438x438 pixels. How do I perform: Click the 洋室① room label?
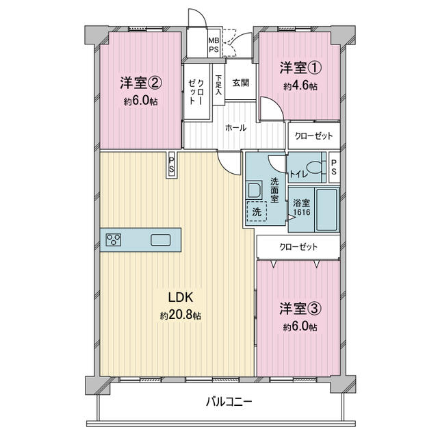[301, 68]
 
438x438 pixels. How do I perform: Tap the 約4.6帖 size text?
[300, 86]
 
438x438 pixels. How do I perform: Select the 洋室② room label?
[141, 83]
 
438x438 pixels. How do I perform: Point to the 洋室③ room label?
[300, 309]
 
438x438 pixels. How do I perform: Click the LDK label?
[181, 298]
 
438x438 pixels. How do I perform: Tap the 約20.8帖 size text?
[181, 315]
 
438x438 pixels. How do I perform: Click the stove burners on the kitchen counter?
[114, 240]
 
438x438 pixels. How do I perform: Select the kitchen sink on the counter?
[161, 240]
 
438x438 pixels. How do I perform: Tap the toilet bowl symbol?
[314, 168]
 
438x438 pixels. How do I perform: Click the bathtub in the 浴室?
[326, 210]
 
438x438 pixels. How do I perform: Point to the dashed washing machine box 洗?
[257, 211]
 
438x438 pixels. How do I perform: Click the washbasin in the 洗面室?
[254, 190]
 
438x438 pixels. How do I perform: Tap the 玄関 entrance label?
[240, 83]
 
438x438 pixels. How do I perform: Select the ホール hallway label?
[235, 128]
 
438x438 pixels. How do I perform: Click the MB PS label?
[214, 45]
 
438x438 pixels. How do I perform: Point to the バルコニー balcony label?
[229, 402]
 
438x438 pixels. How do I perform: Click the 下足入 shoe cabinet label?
[219, 84]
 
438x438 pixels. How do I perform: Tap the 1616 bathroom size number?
[302, 212]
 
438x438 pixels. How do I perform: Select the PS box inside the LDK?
[172, 165]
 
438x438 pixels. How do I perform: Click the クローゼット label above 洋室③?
[298, 247]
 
